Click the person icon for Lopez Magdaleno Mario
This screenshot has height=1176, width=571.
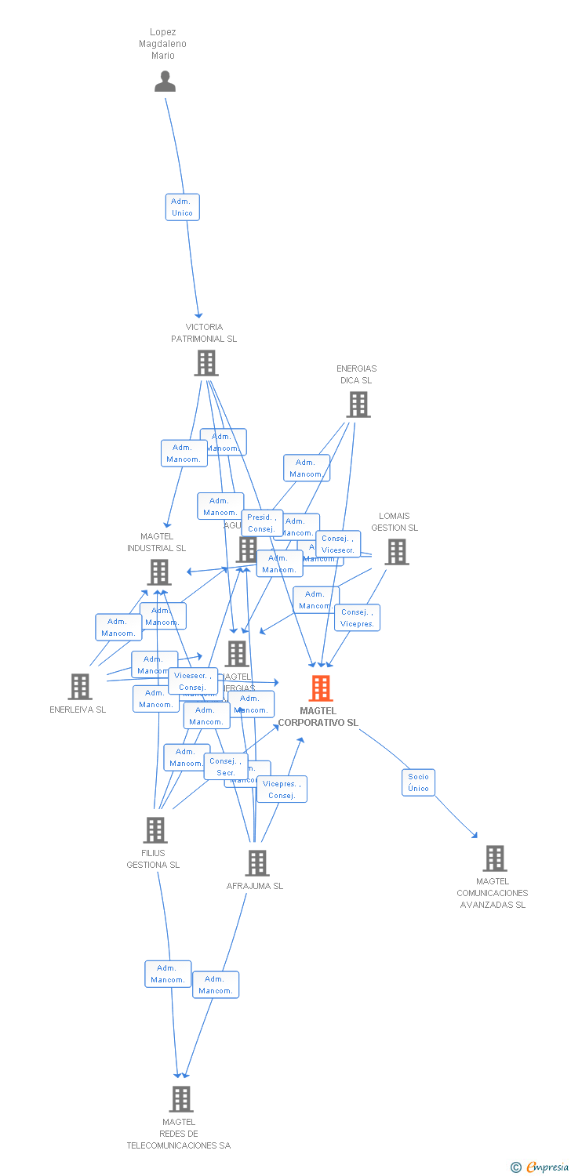[165, 82]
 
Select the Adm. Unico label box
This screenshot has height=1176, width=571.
[182, 207]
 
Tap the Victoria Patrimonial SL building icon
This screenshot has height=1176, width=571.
[206, 363]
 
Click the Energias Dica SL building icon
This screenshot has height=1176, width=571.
[358, 405]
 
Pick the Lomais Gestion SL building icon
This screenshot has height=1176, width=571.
[397, 552]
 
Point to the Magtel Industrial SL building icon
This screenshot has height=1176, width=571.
[159, 572]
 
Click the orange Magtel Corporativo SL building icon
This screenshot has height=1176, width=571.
[320, 688]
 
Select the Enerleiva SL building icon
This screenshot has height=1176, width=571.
[79, 687]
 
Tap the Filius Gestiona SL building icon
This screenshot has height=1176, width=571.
[155, 829]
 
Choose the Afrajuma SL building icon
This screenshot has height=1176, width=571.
[256, 862]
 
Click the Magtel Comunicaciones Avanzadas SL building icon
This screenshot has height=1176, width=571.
[494, 858]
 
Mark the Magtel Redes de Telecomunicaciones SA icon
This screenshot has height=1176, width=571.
[181, 1098]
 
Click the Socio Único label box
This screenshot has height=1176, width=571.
[418, 782]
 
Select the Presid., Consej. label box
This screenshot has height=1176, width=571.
[262, 523]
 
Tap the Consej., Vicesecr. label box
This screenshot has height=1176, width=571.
[338, 544]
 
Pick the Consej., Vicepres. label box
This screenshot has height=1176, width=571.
[357, 618]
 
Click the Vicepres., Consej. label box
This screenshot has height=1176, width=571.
[282, 789]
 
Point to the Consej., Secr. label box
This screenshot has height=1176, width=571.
[226, 767]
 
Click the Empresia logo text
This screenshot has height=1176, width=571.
[547, 1167]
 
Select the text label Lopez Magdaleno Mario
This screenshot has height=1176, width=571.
[163, 44]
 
